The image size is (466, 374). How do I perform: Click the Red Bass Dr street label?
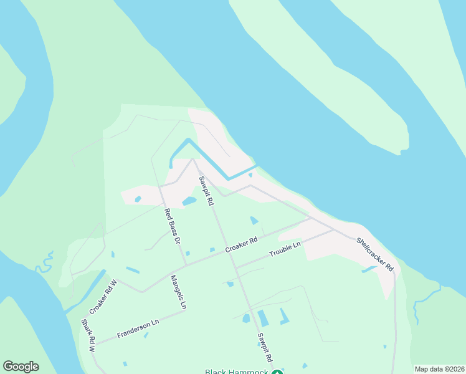pos(172,225)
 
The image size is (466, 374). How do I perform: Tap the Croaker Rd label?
pos(242,244)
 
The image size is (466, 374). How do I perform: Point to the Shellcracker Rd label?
pos(375,254)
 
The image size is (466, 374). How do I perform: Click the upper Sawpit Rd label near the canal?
pos(206,191)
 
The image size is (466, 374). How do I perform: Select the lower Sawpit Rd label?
pos(265,347)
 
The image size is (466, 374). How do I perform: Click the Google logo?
pos(21,367)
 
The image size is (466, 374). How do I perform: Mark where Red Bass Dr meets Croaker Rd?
pos(186,266)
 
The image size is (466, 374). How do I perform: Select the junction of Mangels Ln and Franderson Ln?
pos(185,311)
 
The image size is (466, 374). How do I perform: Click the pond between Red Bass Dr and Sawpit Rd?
pos(189,201)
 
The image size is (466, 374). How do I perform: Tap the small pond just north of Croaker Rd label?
pos(254,221)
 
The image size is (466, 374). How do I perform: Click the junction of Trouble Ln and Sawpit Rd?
pos(235,268)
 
